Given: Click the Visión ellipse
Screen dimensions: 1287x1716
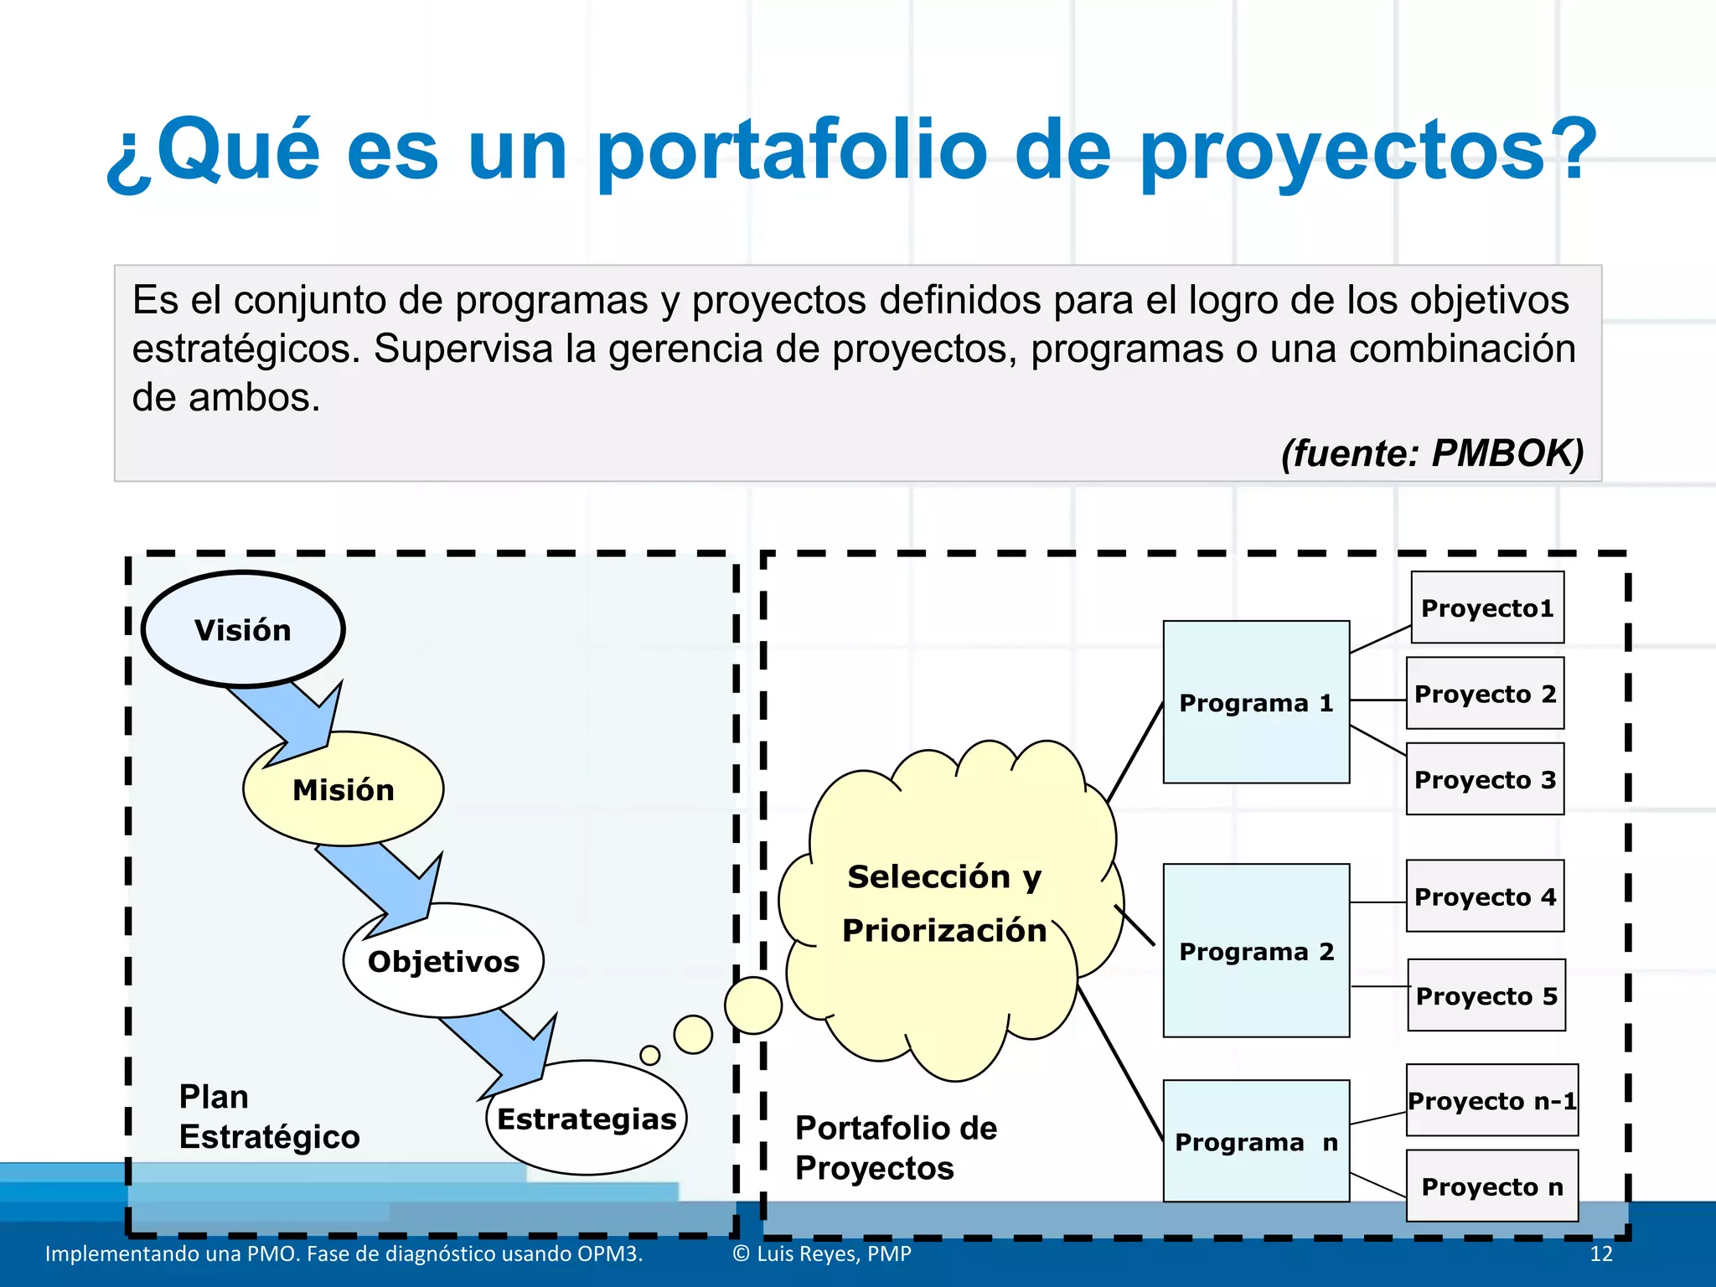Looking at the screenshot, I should (243, 629).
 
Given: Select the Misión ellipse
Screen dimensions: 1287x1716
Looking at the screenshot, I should (343, 789).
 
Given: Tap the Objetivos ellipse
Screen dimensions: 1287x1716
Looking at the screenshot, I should (443, 960).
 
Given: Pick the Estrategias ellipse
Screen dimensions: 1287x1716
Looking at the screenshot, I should (586, 1118).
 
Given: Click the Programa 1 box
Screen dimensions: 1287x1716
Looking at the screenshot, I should (1255, 702).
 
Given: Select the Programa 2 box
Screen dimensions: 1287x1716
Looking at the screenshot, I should (1255, 951).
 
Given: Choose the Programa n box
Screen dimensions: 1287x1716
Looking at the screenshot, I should (1255, 1141).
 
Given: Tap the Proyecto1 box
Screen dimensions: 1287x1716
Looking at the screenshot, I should (1486, 607).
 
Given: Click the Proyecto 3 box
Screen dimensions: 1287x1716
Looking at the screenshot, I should (1484, 779).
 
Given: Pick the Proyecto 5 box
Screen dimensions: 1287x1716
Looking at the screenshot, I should (1486, 995).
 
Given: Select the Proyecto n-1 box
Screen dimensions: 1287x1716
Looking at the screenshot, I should (1491, 1100).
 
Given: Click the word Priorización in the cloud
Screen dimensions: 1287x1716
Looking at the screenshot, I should (943, 930).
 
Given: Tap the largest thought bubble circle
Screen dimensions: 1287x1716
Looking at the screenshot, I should (752, 1005).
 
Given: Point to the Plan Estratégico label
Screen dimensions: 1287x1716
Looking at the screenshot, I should (268, 1116).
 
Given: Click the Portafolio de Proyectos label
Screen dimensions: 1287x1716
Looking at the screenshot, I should (895, 1147).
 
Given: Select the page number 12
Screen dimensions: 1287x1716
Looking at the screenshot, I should (1600, 1253).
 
